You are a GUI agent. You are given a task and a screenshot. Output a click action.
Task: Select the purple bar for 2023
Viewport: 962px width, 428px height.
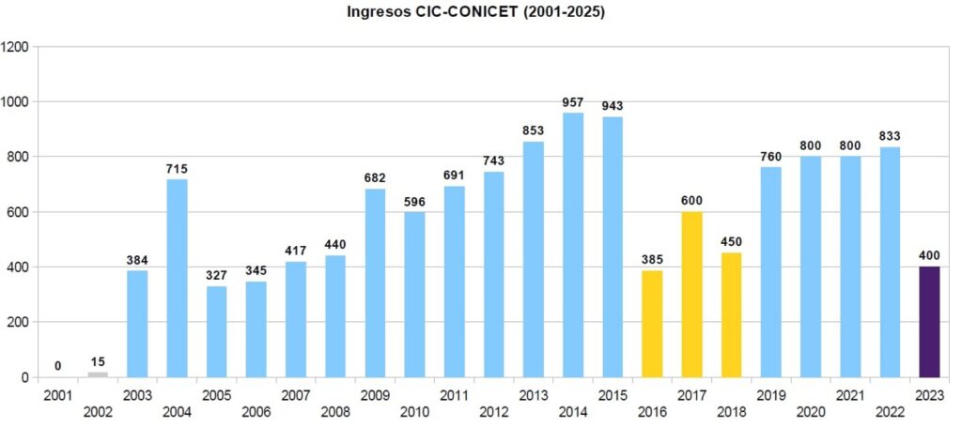click(929, 322)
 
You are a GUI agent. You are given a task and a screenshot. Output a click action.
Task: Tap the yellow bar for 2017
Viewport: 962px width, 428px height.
click(691, 295)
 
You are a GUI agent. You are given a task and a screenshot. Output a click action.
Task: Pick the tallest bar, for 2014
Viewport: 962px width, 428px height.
click(573, 245)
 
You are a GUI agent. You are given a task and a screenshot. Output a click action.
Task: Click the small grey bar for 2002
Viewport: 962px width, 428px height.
click(98, 374)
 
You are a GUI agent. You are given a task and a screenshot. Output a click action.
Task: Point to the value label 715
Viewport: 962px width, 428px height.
click(177, 168)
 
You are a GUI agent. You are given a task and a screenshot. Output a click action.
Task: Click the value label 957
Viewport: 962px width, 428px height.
click(573, 101)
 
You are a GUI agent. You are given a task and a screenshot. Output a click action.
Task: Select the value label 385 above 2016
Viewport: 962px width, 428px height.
click(652, 259)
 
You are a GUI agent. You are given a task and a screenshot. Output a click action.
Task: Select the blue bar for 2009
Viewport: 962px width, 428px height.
click(375, 283)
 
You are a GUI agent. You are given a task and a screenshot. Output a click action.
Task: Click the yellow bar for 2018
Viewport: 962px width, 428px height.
click(731, 315)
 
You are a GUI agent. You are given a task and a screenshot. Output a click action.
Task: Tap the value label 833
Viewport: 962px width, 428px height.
click(890, 135)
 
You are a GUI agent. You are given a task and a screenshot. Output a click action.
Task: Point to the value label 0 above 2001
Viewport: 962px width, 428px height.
click(58, 366)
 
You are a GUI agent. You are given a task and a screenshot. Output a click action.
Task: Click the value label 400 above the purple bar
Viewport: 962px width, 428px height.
click(929, 255)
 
